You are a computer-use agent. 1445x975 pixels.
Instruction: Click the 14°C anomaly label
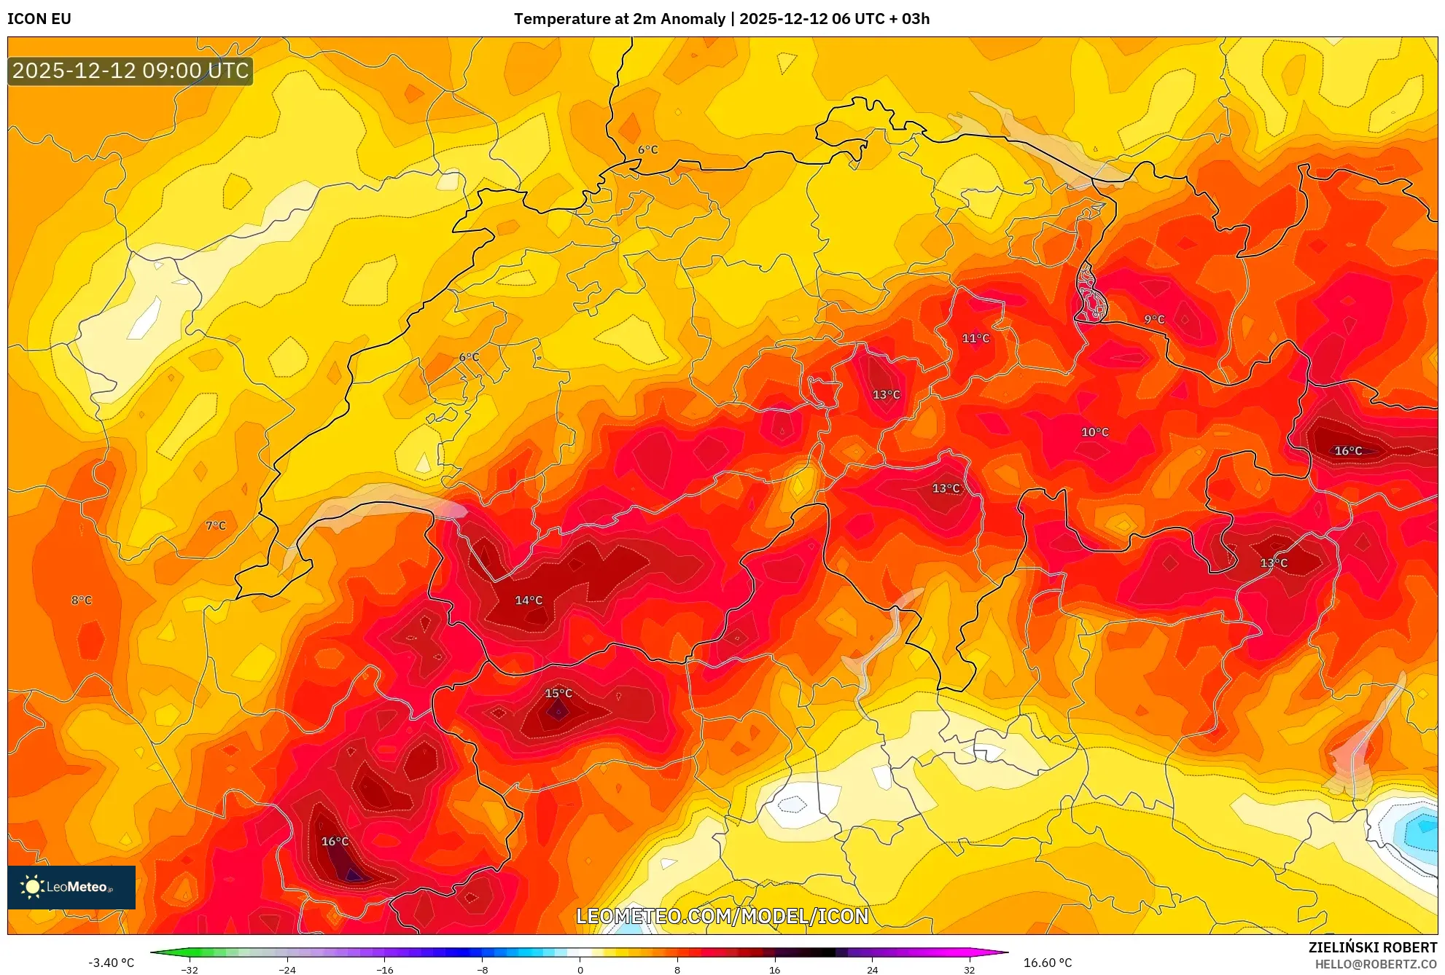click(529, 600)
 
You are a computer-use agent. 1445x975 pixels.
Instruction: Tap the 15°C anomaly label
click(558, 693)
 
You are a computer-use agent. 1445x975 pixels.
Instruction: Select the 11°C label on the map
click(975, 338)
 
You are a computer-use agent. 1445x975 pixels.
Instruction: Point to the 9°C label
click(1154, 319)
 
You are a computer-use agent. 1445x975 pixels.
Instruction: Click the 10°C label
click(1094, 432)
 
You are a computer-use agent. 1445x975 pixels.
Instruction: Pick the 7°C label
click(215, 525)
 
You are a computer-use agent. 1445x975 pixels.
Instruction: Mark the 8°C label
click(81, 600)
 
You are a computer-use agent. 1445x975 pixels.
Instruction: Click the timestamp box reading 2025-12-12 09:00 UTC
click(131, 71)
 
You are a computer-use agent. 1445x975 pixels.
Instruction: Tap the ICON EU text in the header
click(39, 19)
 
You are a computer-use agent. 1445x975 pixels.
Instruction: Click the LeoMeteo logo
click(71, 887)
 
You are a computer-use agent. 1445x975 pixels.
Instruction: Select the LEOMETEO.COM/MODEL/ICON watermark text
click(722, 916)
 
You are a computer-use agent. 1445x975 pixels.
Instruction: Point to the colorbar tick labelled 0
click(580, 970)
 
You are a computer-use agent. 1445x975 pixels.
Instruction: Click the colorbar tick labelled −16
click(385, 970)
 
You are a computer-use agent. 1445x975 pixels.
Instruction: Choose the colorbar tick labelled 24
click(872, 970)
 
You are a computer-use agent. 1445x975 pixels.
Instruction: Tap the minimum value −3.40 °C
click(112, 963)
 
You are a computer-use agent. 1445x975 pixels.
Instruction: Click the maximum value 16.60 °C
click(1048, 963)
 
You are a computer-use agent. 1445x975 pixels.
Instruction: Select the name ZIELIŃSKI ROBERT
click(1372, 947)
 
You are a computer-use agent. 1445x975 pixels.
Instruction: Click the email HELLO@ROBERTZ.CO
click(1375, 964)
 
